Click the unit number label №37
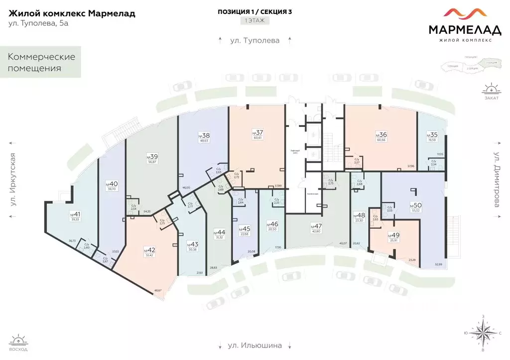(257, 132)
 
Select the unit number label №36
(381, 134)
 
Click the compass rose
(484, 333)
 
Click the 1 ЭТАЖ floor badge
(255, 21)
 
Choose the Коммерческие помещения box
(41, 62)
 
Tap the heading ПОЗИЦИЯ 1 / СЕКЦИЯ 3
(255, 11)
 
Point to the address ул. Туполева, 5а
(38, 24)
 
